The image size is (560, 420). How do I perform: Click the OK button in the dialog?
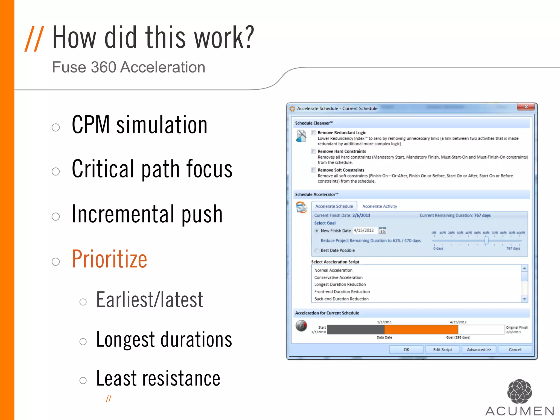pos(406,350)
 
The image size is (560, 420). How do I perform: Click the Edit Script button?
pos(442,350)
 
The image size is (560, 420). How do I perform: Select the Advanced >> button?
pos(479,350)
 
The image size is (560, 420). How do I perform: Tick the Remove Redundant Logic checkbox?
pos(314,133)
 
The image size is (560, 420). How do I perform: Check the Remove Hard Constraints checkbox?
pos(314,151)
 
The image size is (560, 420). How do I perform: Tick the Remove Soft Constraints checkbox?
pos(314,170)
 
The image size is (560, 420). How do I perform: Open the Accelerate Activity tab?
pos(380,206)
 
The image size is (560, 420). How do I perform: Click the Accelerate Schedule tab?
pos(334,206)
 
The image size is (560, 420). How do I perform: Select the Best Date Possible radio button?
pos(317,250)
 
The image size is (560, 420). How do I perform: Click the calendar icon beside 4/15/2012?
pos(382,231)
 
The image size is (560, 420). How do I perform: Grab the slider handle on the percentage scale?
pos(486,241)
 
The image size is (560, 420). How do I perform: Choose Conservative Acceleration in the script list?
pos(338,278)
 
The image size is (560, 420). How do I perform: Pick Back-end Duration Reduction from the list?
pos(341,299)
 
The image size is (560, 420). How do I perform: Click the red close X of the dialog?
pos(526,107)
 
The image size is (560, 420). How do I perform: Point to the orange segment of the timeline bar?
pos(421,329)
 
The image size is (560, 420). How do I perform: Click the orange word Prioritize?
pos(109,259)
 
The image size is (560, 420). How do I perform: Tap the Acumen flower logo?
pos(520,391)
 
